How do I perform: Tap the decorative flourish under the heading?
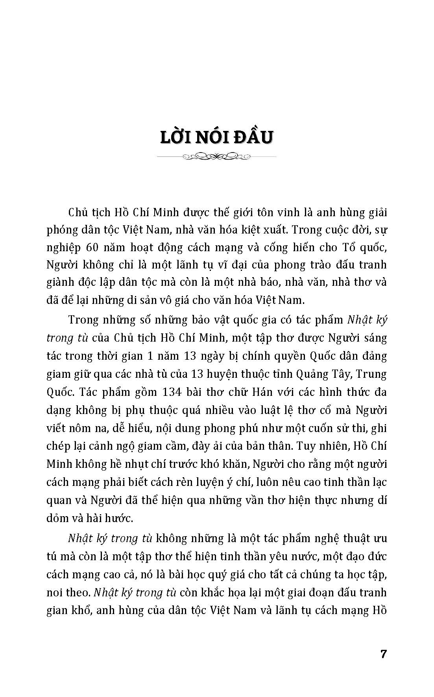pyautogui.click(x=217, y=157)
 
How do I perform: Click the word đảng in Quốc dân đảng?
pyautogui.click(x=373, y=356)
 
